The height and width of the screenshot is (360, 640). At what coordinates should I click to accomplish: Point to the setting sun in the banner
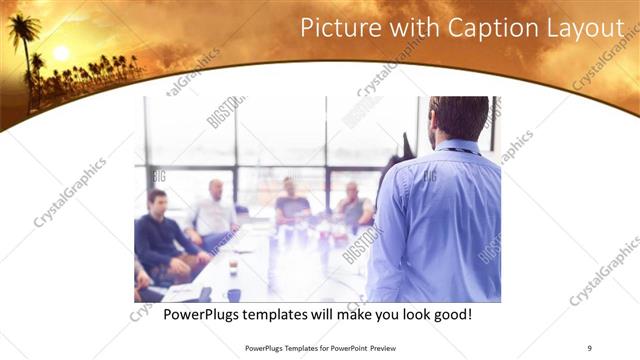[x=61, y=52]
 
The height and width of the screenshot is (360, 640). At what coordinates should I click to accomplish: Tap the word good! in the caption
[x=450, y=314]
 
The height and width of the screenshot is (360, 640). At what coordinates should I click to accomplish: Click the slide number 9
[x=589, y=347]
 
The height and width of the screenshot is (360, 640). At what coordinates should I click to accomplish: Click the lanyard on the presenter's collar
[x=459, y=149]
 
